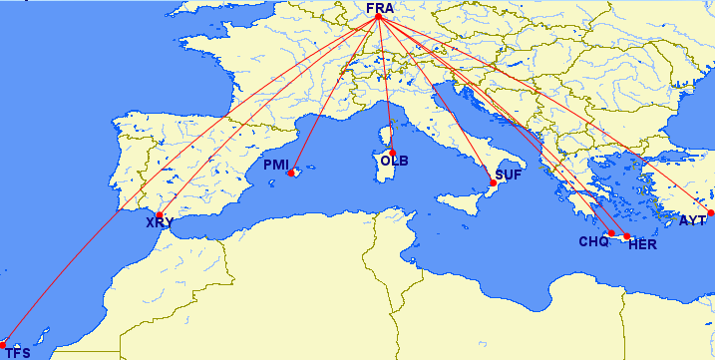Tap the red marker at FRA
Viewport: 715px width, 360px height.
point(379,19)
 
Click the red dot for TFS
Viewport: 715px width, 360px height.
point(3,345)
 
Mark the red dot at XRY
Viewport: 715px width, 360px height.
point(160,214)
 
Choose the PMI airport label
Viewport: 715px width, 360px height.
point(276,165)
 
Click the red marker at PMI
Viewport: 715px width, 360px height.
point(291,174)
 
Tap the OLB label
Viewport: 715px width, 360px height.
point(393,161)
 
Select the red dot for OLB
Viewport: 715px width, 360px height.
point(392,152)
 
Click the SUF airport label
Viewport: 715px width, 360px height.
point(508,176)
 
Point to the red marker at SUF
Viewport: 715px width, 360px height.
point(493,183)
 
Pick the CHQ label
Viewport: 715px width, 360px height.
point(593,241)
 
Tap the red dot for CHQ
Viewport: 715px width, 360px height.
point(610,233)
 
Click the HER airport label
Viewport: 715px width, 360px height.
point(643,245)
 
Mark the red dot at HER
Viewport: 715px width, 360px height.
point(626,237)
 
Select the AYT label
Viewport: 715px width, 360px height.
point(692,220)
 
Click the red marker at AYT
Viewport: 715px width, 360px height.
point(711,212)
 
